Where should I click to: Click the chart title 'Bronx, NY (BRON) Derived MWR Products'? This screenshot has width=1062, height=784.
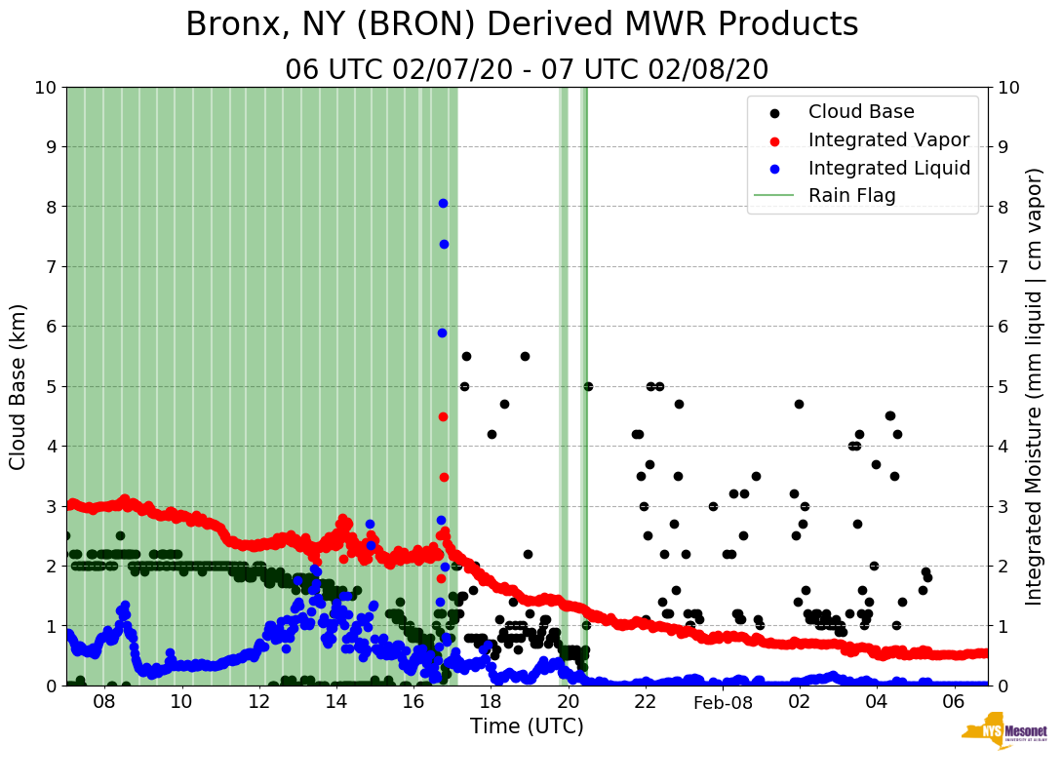tap(522, 25)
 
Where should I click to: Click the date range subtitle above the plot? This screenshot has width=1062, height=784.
tap(527, 70)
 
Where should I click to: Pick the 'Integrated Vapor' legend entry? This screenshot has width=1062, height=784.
tap(888, 140)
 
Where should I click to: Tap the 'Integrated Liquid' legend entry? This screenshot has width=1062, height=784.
tap(888, 168)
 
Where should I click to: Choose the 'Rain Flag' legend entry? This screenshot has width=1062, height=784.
tap(851, 196)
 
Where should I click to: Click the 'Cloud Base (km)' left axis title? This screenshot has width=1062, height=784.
tap(19, 386)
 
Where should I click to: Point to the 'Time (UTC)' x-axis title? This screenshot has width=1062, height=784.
tap(527, 726)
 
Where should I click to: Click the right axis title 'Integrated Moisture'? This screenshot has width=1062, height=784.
tap(1035, 386)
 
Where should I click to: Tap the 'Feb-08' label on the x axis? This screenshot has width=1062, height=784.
tap(723, 703)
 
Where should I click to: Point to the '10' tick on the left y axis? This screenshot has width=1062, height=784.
tap(45, 88)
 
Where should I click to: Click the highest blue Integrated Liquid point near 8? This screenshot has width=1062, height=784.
tap(443, 203)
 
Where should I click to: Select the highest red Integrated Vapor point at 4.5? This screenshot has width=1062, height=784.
tap(443, 416)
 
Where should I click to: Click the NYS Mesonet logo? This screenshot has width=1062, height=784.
tap(1003, 736)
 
